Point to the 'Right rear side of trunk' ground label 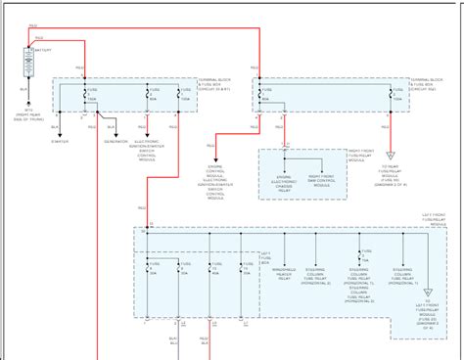28,116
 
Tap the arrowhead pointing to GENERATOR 117,132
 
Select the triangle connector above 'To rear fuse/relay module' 393,157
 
